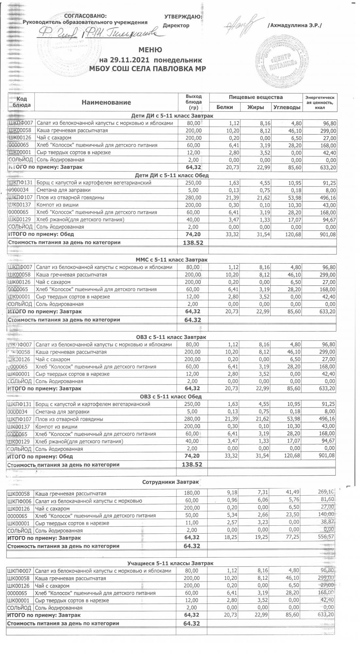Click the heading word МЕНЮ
pyautogui.click(x=150, y=50)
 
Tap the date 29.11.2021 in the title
pyautogui.click(x=129, y=60)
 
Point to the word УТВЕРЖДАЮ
pyautogui.click(x=183, y=17)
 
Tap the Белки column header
pyautogui.click(x=225, y=107)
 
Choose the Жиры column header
pyautogui.click(x=256, y=107)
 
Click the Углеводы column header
pyautogui.click(x=287, y=107)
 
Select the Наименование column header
pyautogui.click(x=106, y=102)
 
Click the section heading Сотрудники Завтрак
pyautogui.click(x=171, y=482)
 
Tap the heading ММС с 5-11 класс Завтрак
pyautogui.click(x=172, y=260)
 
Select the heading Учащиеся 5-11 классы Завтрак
pyautogui.click(x=170, y=563)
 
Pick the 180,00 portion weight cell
pyautogui.click(x=192, y=493)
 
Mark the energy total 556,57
pyautogui.click(x=325, y=537)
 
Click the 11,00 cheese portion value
pyautogui.click(x=192, y=523)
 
